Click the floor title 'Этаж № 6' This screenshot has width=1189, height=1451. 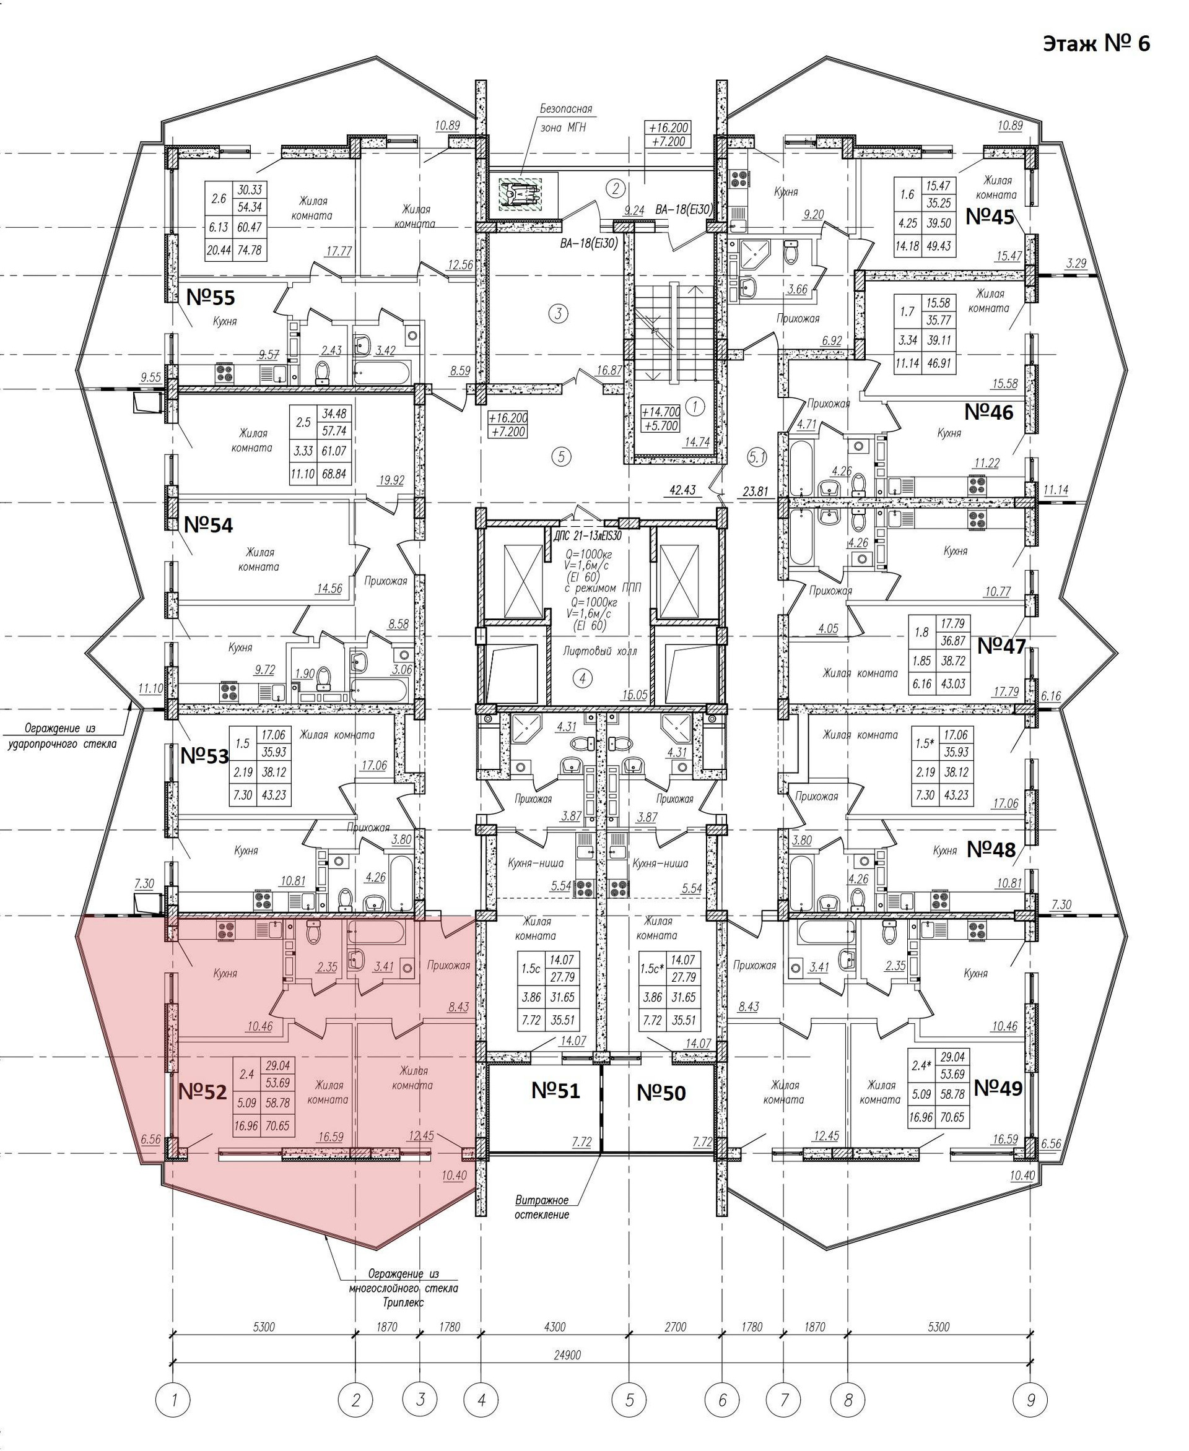[1096, 44]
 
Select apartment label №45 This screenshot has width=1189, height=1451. [989, 217]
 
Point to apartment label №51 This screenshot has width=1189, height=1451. [555, 1091]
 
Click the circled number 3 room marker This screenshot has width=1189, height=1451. [558, 314]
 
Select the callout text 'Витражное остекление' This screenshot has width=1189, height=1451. [542, 1207]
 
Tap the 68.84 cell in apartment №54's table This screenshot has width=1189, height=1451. [334, 473]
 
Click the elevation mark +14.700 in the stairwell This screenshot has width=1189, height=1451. [660, 412]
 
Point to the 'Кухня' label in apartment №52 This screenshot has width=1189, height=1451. [225, 973]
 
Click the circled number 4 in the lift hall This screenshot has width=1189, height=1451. [582, 678]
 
